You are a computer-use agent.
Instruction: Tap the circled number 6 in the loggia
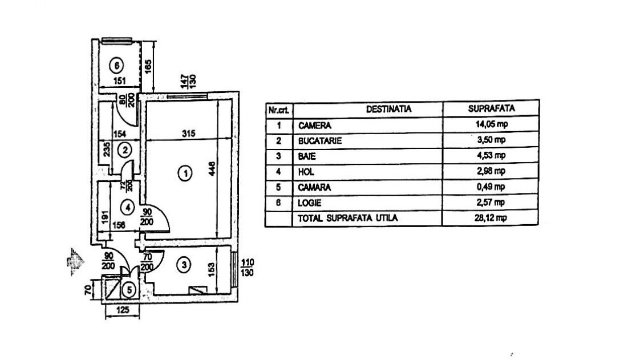(x=116, y=64)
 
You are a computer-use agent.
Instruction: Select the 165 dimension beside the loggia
(x=147, y=67)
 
